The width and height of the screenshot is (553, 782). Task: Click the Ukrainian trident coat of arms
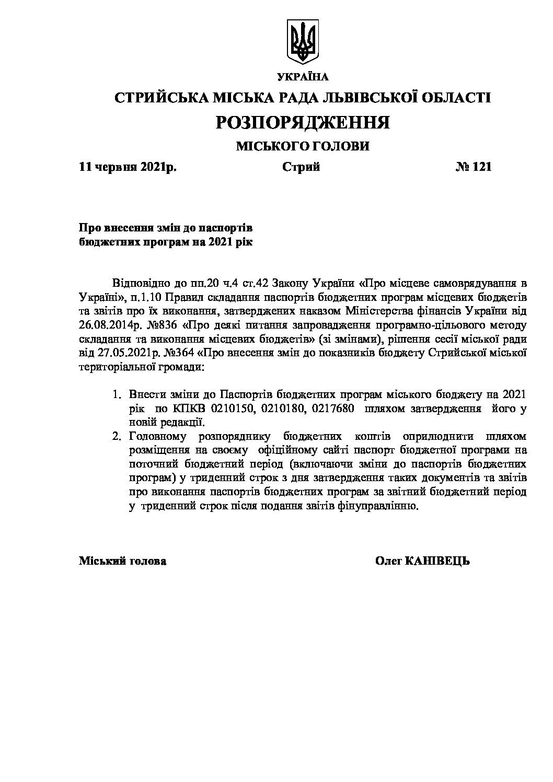pyautogui.click(x=303, y=42)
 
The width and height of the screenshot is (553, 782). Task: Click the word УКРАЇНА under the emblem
pyautogui.click(x=303, y=78)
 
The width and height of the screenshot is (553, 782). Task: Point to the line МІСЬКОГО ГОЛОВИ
pyautogui.click(x=303, y=146)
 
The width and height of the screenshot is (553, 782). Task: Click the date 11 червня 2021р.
pyautogui.click(x=128, y=168)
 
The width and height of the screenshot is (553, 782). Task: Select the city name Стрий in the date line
pyautogui.click(x=301, y=168)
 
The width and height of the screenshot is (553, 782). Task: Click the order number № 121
pyautogui.click(x=474, y=168)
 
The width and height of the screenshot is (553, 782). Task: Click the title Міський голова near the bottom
pyautogui.click(x=123, y=562)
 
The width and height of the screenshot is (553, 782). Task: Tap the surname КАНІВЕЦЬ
pyautogui.click(x=437, y=562)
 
